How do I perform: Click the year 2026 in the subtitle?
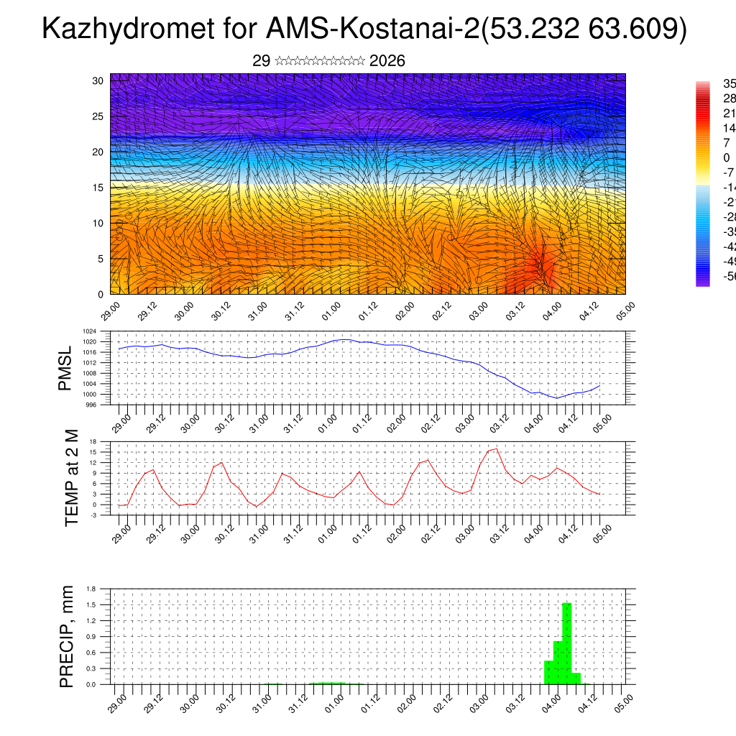[387, 61]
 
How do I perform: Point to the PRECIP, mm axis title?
[66, 636]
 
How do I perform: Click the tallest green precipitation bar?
[567, 643]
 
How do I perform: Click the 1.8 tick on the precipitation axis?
[92, 589]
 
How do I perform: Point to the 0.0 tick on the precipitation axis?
[92, 684]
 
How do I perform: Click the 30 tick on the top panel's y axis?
[98, 80]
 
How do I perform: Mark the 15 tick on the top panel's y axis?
[98, 188]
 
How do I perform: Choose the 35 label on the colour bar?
[728, 83]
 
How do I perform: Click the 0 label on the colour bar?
[727, 158]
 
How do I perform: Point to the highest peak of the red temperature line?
[496, 448]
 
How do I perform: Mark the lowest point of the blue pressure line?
[555, 397]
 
